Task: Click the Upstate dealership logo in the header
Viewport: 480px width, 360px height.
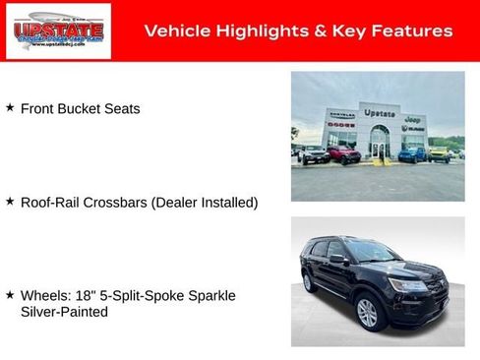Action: click(58, 31)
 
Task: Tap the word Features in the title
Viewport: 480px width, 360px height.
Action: click(414, 31)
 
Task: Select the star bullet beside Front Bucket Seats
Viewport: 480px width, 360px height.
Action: click(10, 107)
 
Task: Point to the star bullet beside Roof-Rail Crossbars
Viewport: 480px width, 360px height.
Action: click(10, 201)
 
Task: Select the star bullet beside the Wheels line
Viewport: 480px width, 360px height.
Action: click(10, 294)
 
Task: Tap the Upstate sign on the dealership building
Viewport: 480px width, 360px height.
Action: click(379, 113)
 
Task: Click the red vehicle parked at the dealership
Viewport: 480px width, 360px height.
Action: click(344, 154)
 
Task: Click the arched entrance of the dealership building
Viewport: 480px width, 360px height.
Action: click(379, 146)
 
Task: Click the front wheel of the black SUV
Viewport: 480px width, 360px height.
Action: click(367, 313)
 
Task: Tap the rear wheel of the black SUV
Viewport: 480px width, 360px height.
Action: click(308, 281)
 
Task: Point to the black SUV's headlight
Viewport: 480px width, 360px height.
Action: click(407, 285)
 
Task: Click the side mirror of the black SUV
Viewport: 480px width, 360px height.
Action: click(338, 259)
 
